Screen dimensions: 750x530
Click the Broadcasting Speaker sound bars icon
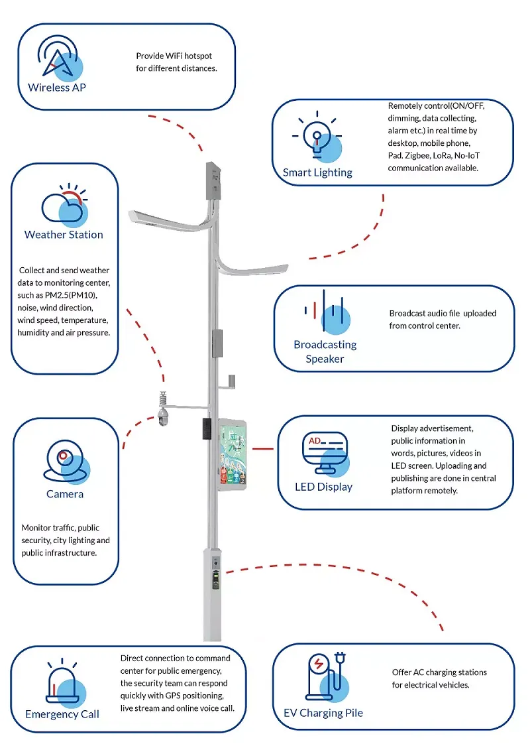click(325, 311)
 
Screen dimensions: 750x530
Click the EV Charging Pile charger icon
click(325, 676)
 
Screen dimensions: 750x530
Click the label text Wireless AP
click(57, 88)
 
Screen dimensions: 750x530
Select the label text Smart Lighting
click(317, 172)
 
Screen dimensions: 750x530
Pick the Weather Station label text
click(64, 235)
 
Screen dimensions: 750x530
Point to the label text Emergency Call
click(62, 714)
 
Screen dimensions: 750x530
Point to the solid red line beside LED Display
click(262, 448)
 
